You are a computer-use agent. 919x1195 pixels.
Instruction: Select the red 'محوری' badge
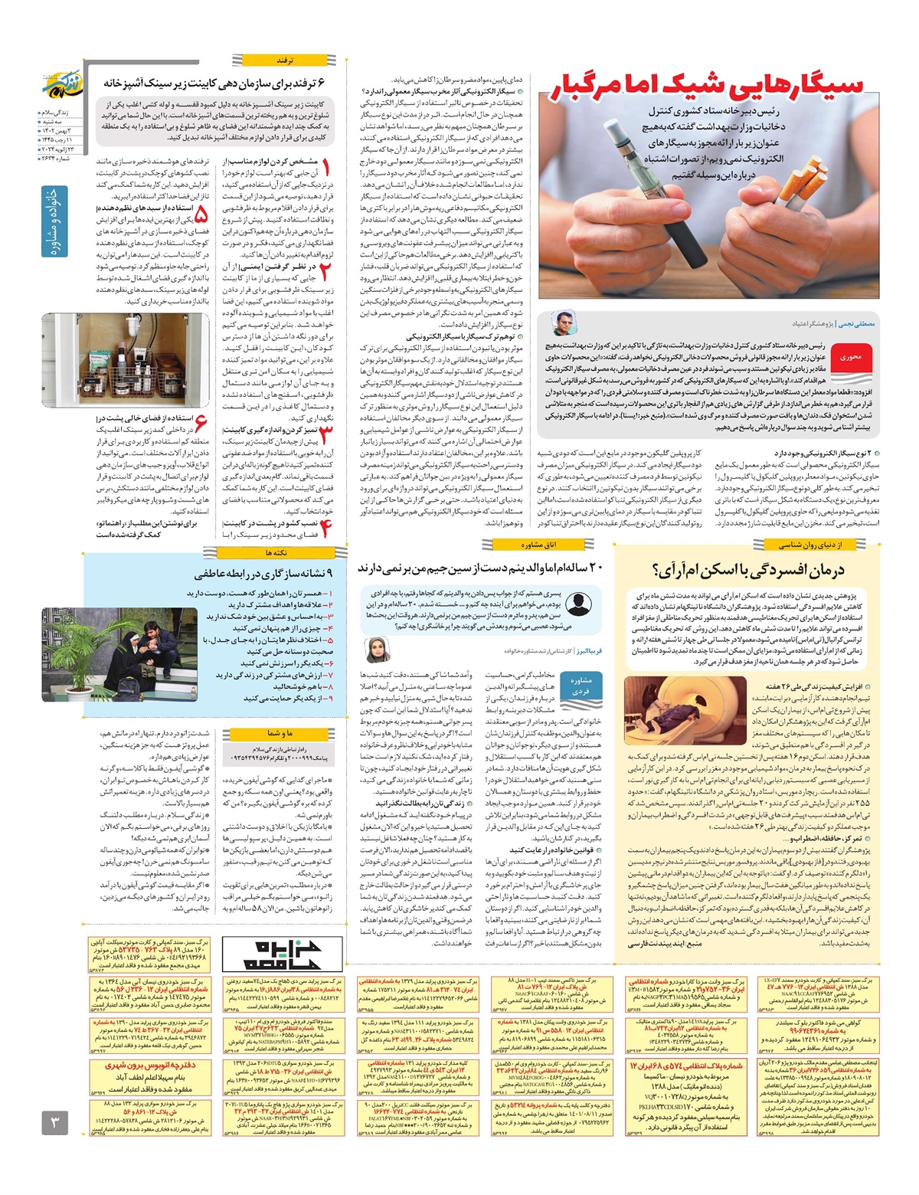(850, 357)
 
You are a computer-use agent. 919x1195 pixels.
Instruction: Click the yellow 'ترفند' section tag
(285, 59)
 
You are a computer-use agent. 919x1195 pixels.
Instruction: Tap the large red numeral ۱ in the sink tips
(327, 168)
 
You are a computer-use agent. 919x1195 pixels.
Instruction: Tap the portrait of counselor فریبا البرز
(377, 650)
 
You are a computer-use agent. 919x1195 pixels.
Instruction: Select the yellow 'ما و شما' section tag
(279, 733)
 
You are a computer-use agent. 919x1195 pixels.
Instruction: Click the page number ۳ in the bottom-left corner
(55, 1124)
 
